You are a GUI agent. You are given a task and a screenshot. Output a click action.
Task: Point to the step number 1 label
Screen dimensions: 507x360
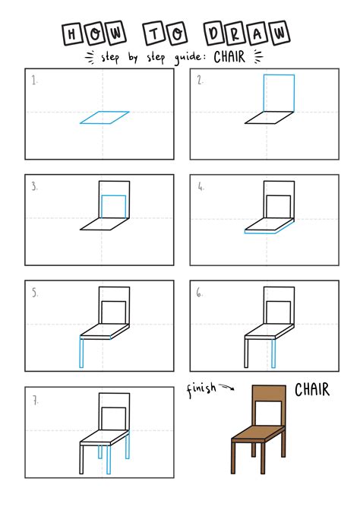[x=35, y=80]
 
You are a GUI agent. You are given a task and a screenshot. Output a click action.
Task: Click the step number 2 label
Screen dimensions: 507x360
[x=201, y=80]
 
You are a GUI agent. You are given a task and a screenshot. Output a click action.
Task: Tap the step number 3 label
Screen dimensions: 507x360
[x=35, y=185]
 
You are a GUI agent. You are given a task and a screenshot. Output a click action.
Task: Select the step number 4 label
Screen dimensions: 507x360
[x=201, y=185]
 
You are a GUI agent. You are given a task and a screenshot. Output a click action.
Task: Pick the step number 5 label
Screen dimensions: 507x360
[x=35, y=291]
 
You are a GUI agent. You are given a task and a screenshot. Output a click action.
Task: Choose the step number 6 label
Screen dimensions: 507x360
[x=201, y=291]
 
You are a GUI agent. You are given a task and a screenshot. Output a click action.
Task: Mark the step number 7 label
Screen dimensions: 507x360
[x=35, y=398]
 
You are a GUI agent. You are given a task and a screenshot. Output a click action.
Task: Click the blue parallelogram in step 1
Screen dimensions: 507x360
[x=104, y=117]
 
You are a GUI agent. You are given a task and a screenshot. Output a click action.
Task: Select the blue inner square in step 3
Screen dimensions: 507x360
[x=113, y=206]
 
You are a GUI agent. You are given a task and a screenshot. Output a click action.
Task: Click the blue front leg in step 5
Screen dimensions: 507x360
[x=82, y=352]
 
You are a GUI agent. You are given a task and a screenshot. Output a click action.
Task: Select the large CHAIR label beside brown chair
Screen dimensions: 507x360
[x=311, y=391]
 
